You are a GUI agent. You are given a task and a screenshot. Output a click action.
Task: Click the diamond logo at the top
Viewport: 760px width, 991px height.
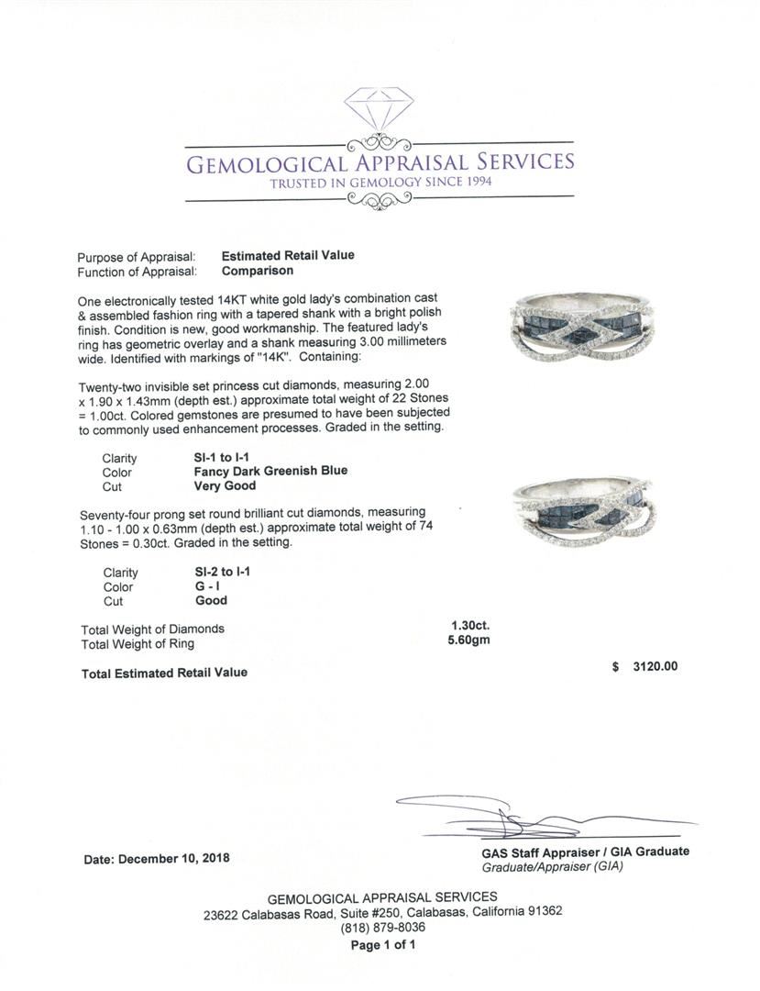[x=379, y=108]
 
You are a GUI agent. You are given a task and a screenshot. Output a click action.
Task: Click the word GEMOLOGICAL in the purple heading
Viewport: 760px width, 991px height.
[x=266, y=164]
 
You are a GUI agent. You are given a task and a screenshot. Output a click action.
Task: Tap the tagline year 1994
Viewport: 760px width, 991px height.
[x=474, y=183]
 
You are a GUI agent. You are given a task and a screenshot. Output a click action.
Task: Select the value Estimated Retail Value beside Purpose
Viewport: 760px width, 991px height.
[x=287, y=256]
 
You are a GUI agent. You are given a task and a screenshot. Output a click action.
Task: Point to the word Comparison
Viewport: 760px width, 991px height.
[x=258, y=271]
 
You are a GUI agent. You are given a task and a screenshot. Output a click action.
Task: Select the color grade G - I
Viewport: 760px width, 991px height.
[x=211, y=586]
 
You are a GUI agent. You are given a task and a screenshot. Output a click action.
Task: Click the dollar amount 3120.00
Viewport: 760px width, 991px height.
[x=655, y=667]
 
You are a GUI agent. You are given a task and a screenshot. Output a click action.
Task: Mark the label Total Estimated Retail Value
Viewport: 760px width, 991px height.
[x=164, y=673]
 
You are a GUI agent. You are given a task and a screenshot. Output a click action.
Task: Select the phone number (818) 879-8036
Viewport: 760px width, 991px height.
[x=382, y=927]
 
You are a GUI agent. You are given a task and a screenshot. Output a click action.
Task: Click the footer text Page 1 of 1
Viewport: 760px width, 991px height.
[x=382, y=944]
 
